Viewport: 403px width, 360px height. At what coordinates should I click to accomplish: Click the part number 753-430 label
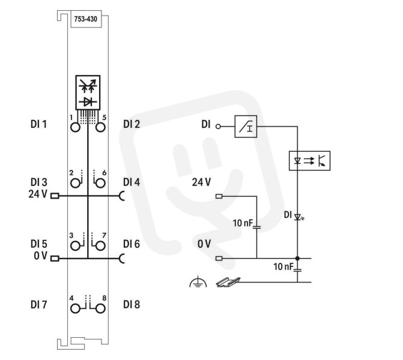tap(86, 19)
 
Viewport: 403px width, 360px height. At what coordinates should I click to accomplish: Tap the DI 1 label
tap(38, 124)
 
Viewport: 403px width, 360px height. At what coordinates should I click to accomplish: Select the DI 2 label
tap(132, 124)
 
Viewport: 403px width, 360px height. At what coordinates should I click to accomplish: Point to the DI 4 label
tap(132, 182)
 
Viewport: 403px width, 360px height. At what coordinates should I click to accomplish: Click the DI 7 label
tap(38, 305)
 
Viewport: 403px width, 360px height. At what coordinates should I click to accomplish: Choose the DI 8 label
tap(132, 305)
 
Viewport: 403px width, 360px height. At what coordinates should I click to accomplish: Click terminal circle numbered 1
tap(75, 127)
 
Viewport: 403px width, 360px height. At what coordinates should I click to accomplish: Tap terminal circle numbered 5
tap(100, 127)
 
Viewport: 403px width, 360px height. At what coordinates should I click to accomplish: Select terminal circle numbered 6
tap(100, 184)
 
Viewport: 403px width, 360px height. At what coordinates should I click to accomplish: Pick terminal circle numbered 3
tap(75, 246)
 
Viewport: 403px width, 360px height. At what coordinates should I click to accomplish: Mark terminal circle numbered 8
tap(100, 308)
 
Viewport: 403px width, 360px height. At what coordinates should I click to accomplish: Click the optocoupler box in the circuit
tap(309, 161)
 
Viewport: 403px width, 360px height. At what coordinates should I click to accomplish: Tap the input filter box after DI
tap(246, 127)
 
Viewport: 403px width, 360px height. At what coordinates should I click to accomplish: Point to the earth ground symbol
tap(198, 281)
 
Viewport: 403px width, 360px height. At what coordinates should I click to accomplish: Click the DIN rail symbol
tap(228, 282)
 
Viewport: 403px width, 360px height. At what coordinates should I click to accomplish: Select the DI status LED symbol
tap(298, 217)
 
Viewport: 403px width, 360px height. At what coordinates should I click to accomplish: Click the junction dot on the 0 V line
tap(297, 258)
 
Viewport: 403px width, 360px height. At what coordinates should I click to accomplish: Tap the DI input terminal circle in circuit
tap(218, 127)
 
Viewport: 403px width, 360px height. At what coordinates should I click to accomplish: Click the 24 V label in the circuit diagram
tap(201, 182)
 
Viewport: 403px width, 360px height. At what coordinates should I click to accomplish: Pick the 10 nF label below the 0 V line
tap(283, 266)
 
